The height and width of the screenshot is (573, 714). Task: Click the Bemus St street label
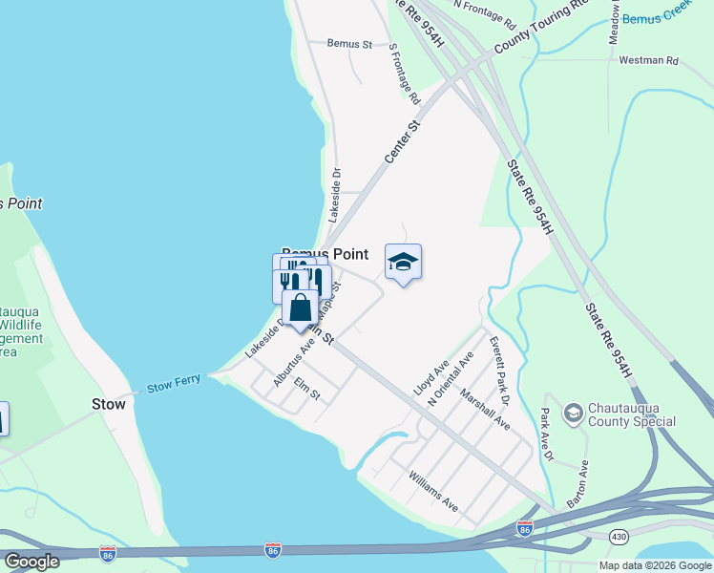click(348, 44)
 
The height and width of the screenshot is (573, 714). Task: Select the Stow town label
click(108, 404)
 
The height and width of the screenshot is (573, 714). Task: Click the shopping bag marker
click(301, 309)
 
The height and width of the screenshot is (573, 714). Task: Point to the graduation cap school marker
click(403, 263)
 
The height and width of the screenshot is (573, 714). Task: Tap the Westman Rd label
click(648, 60)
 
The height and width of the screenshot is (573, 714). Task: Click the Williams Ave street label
click(433, 491)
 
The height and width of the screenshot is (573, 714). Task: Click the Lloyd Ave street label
click(430, 379)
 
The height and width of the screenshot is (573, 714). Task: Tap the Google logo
click(31, 561)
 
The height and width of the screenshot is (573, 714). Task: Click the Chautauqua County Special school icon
click(573, 413)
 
